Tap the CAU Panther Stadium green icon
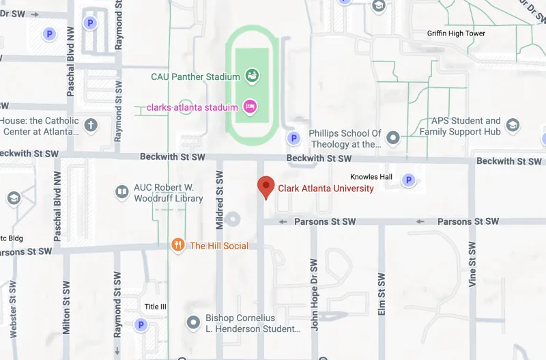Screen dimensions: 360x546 pyautogui.click(x=250, y=76)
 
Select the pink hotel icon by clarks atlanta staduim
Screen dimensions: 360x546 pyautogui.click(x=250, y=106)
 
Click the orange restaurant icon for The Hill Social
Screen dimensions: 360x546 pyautogui.click(x=178, y=245)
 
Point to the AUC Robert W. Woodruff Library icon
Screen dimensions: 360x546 pyautogui.click(x=122, y=193)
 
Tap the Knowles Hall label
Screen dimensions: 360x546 pyautogui.click(x=371, y=177)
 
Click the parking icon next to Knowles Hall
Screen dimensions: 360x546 pyautogui.click(x=408, y=180)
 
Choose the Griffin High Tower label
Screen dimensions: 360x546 pyautogui.click(x=456, y=33)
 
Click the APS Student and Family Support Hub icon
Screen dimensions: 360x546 pyautogui.click(x=513, y=126)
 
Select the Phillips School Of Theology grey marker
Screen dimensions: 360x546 pyautogui.click(x=392, y=138)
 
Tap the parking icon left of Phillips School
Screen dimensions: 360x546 pyautogui.click(x=293, y=138)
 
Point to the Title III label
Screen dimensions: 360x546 pyautogui.click(x=155, y=306)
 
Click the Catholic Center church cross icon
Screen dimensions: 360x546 pyautogui.click(x=89, y=125)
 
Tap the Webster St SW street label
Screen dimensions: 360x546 pyautogui.click(x=13, y=311)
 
